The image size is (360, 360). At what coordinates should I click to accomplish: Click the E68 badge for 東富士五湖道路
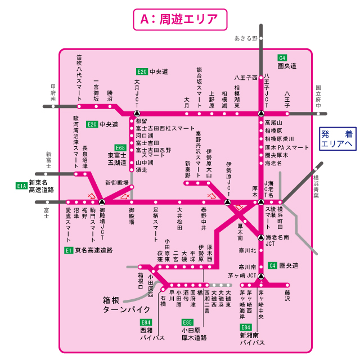120,147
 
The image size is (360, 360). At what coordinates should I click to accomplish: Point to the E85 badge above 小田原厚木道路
187,322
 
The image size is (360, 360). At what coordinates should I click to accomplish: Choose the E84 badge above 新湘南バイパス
245,327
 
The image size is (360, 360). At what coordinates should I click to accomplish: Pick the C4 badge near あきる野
282,58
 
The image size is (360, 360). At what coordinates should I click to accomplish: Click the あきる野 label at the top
246,38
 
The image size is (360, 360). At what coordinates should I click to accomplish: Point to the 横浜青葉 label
316,187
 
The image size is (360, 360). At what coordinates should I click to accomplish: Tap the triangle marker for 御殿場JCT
102,201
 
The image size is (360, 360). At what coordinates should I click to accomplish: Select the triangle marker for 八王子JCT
261,112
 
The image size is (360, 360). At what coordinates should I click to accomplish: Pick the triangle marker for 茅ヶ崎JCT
261,276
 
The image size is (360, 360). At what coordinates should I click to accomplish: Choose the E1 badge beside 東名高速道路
68,249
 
